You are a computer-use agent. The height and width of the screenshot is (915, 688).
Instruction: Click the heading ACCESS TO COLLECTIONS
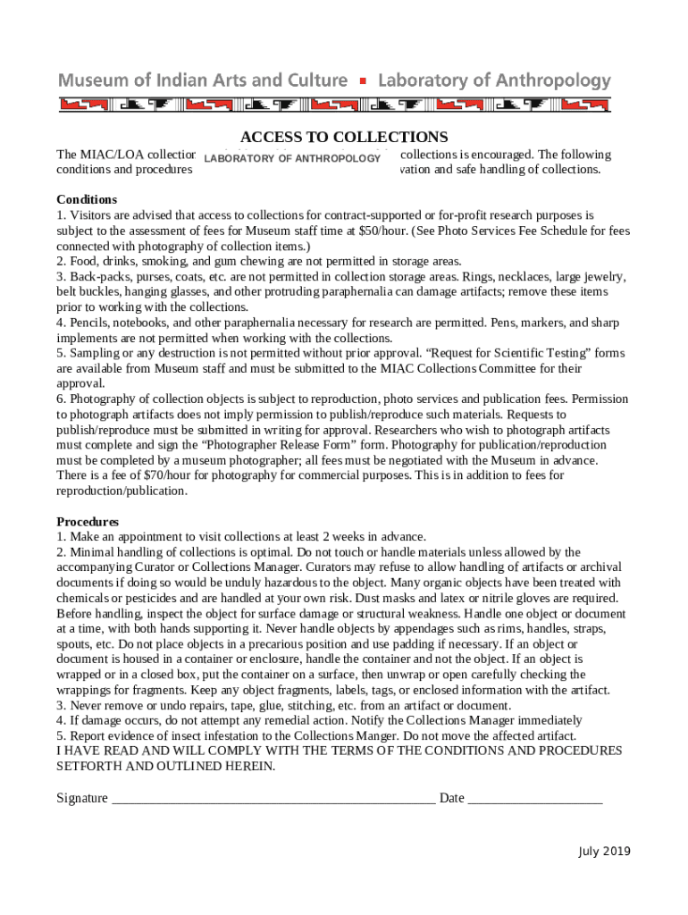pos(344,137)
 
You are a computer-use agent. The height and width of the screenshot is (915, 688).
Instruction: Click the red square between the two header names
pos(363,81)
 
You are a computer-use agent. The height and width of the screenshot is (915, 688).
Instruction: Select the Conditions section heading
pos(87,199)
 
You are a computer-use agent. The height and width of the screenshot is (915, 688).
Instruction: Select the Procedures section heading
pos(88,521)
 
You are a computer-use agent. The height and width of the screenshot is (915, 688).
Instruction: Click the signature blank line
pos(273,799)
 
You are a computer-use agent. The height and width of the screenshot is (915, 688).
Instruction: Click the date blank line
pos(535,799)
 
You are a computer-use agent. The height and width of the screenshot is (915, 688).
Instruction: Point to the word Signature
pos(82,798)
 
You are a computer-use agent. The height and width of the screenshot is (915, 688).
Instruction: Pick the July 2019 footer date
pos(603,851)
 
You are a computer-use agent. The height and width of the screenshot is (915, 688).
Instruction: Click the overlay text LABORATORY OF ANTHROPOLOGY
pos(293,159)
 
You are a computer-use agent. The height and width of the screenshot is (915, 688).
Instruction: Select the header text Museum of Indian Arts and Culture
pos(203,80)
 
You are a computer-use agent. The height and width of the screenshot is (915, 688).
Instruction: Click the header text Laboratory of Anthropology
pos(495,80)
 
